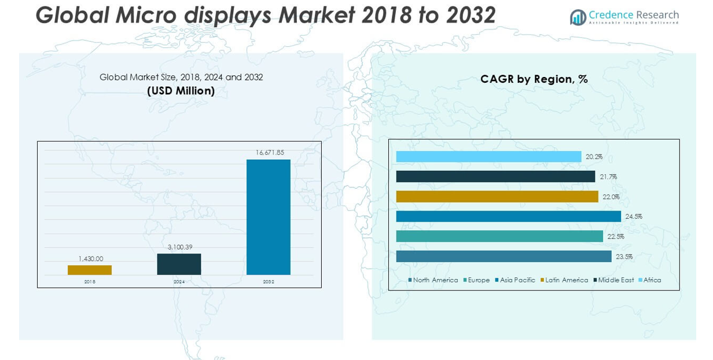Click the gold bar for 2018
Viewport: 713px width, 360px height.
[90, 270]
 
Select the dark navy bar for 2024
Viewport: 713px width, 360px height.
[179, 264]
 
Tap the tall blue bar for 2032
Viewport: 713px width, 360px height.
[269, 217]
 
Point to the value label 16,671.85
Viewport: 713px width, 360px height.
[270, 152]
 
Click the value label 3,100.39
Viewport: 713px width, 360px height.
[180, 247]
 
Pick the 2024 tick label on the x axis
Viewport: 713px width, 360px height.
[179, 282]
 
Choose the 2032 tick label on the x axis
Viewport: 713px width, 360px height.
[269, 282]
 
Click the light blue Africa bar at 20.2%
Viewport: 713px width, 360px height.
[488, 157]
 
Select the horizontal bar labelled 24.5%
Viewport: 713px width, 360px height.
[508, 216]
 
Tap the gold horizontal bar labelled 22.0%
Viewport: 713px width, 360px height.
[497, 197]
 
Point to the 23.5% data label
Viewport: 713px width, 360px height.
[623, 256]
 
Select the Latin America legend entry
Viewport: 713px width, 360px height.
[564, 280]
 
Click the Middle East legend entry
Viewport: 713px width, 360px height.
[613, 280]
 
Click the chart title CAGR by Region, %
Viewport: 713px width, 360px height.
[534, 79]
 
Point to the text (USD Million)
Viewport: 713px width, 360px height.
[181, 91]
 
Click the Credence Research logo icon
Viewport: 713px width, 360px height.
[578, 17]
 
